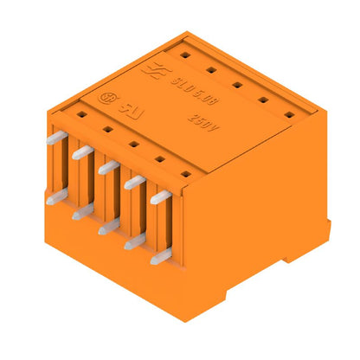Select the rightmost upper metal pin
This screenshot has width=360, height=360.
pos(160,196)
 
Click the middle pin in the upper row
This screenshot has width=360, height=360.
pos(108,167)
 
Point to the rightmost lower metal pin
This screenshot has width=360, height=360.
pos(158,256)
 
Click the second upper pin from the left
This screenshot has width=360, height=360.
pos(82,152)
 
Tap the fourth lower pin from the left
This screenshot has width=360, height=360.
pos(133,241)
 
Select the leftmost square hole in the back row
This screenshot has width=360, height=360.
pos(184,55)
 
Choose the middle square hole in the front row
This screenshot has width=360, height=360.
pos(133,145)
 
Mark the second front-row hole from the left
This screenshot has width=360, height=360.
pos(107,130)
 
